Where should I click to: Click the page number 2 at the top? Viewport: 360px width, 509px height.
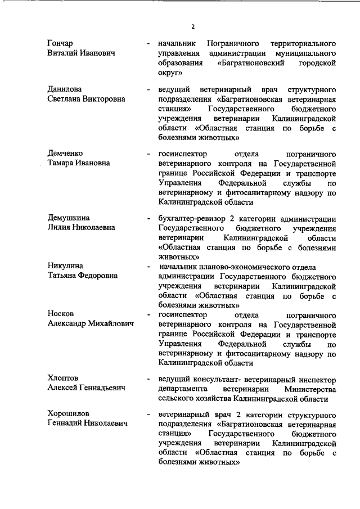[192, 27]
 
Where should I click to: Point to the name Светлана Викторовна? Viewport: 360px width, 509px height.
[86, 100]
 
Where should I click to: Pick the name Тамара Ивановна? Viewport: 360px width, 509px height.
[79, 163]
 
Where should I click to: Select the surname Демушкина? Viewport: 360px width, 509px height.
[69, 218]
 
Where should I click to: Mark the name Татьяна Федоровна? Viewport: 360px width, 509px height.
[82, 276]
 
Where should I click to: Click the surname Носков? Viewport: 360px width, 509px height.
[61, 314]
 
